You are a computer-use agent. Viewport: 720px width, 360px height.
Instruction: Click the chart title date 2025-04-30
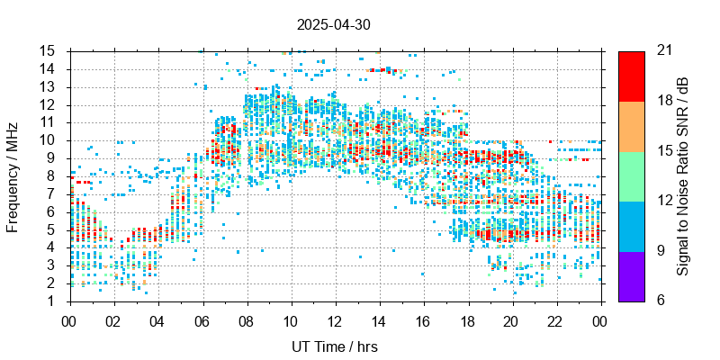tap(333, 25)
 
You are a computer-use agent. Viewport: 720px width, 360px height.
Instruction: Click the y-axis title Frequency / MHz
tap(13, 175)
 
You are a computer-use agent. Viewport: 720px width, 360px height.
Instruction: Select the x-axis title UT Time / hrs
tap(335, 346)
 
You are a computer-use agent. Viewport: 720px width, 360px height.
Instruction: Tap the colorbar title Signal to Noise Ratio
tap(684, 175)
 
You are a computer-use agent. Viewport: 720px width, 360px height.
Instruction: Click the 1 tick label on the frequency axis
tap(55, 301)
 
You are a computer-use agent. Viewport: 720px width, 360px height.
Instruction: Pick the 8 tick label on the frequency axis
tap(55, 175)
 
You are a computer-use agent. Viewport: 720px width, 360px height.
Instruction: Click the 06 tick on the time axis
tap(202, 319)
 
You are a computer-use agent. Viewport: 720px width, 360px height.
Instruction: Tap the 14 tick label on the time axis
tap(379, 319)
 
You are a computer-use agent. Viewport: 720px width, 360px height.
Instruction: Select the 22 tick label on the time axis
tap(556, 319)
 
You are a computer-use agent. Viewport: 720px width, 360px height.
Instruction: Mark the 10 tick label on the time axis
tap(291, 319)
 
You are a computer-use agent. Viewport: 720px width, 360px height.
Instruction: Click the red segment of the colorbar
tap(631, 76)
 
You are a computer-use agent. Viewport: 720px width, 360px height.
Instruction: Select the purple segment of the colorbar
tap(631, 275)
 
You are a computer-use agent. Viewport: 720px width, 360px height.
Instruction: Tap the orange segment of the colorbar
tap(631, 126)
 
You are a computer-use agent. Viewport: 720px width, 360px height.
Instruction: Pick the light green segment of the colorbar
tap(631, 175)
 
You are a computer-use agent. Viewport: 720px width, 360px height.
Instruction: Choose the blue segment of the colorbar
tap(631, 225)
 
